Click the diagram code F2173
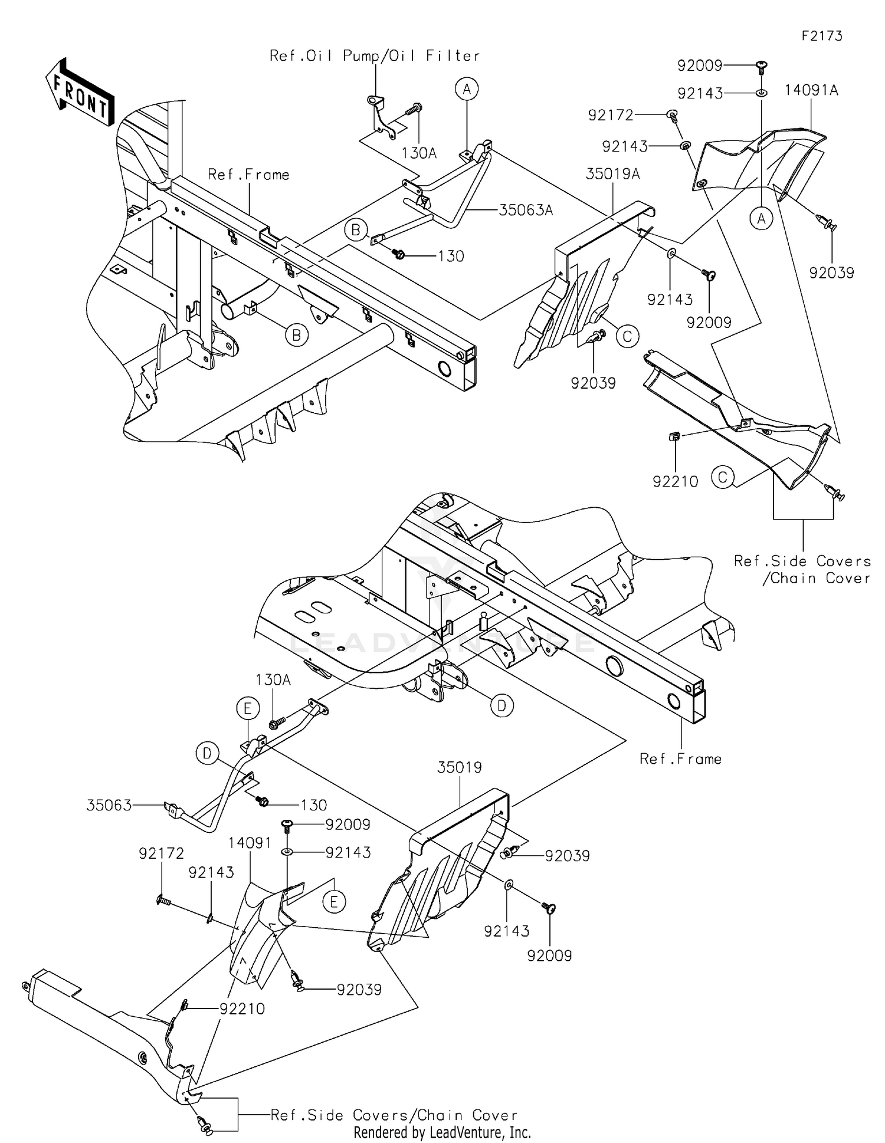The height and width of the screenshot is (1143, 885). pos(821,36)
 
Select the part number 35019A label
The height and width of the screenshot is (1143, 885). pos(612,174)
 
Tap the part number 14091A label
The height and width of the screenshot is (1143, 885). pos(811,90)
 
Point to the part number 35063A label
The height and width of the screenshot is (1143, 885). pos(526,210)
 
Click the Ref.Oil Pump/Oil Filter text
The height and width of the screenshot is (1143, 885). pos(375,56)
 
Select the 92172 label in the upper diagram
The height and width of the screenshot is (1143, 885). pos(610,115)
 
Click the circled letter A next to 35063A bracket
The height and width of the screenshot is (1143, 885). pos(467,89)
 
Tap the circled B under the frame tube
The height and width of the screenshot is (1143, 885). pos(296,335)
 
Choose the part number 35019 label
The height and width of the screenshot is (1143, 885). pos(459,767)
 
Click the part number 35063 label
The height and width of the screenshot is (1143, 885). pos(109,805)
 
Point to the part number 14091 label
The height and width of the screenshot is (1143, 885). pos(251,843)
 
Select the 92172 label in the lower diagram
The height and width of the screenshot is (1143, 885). pos(161,853)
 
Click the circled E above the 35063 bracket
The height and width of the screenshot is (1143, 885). pos(248,709)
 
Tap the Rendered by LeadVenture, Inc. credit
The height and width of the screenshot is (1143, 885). pos(442,1132)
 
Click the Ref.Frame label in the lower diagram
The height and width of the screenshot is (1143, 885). pos(680,758)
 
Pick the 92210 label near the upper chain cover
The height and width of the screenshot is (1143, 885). pos(675,481)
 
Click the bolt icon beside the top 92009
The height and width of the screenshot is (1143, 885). pos(761,65)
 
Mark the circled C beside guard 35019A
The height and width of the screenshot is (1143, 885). pos(627,336)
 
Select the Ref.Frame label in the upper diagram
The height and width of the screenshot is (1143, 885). pos(248,175)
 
